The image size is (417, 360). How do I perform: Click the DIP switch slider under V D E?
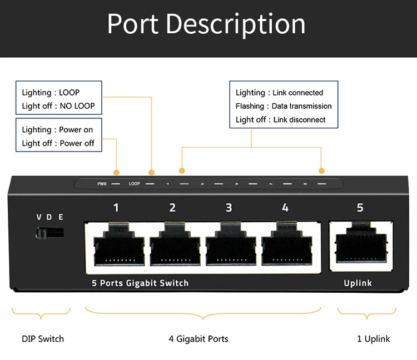pyautogui.click(x=49, y=233)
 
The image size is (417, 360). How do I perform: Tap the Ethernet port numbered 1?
pyautogui.click(x=119, y=244)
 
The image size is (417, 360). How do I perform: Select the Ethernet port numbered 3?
pyautogui.click(x=231, y=244)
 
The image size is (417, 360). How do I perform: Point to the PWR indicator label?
pyautogui.click(x=102, y=184)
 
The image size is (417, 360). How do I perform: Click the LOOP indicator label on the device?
pyautogui.click(x=135, y=183)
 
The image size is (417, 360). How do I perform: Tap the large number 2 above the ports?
pyautogui.click(x=172, y=208)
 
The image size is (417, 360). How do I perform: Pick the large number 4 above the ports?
pyautogui.click(x=285, y=208)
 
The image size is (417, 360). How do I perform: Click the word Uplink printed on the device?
pyautogui.click(x=358, y=283)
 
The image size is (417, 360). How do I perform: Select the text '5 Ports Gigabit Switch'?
pyautogui.click(x=140, y=283)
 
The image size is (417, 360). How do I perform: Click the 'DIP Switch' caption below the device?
pyautogui.click(x=43, y=339)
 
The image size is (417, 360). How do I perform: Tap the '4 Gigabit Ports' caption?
pyautogui.click(x=198, y=339)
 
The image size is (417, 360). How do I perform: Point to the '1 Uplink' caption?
pyautogui.click(x=374, y=339)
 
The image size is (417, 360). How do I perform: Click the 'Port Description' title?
pyautogui.click(x=206, y=24)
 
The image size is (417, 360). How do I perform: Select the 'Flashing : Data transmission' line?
pyautogui.click(x=284, y=106)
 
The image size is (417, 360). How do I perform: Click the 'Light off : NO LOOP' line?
pyautogui.click(x=58, y=106)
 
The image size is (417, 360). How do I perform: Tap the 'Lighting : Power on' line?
pyautogui.click(x=57, y=129)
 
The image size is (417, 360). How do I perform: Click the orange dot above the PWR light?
pyautogui.click(x=116, y=172)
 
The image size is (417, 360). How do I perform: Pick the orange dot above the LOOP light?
pyautogui.click(x=151, y=173)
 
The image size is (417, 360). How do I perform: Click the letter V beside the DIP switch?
pyautogui.click(x=39, y=217)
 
